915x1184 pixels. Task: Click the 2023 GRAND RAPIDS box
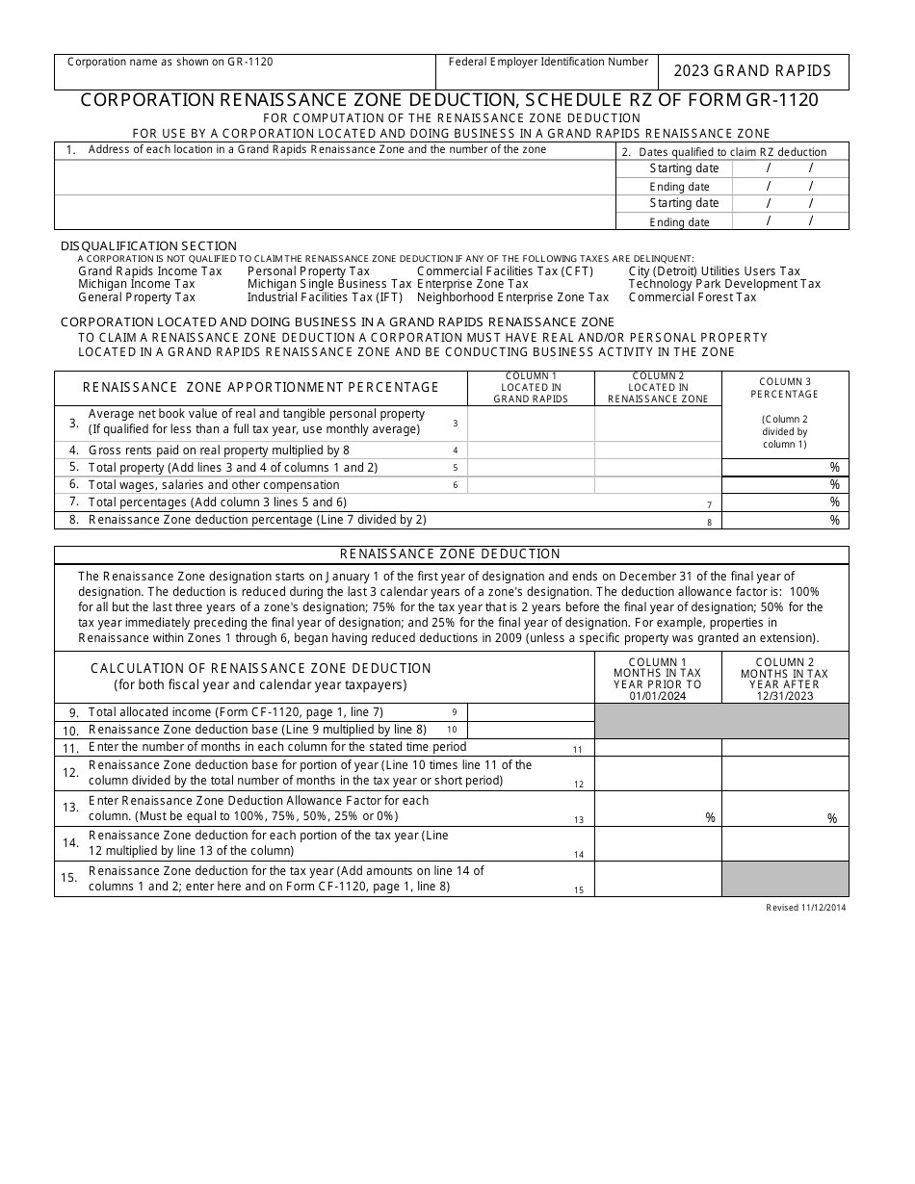coord(752,71)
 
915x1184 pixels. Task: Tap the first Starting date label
coord(684,168)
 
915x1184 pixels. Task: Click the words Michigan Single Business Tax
coord(328,284)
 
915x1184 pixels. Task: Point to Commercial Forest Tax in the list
coord(693,297)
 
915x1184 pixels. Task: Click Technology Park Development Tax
coord(724,284)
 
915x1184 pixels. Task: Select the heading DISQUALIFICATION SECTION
coord(148,246)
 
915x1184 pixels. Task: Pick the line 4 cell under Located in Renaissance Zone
coord(658,450)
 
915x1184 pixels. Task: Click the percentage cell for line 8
coord(785,520)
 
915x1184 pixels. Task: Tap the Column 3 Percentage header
coord(785,388)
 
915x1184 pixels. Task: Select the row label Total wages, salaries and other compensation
coord(214,485)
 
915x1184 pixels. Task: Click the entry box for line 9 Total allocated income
coord(531,712)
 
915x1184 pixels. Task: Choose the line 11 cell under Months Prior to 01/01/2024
coord(658,747)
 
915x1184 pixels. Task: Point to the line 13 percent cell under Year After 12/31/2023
coord(785,809)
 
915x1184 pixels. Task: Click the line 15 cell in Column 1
coord(658,878)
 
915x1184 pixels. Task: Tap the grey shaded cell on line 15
coord(785,878)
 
